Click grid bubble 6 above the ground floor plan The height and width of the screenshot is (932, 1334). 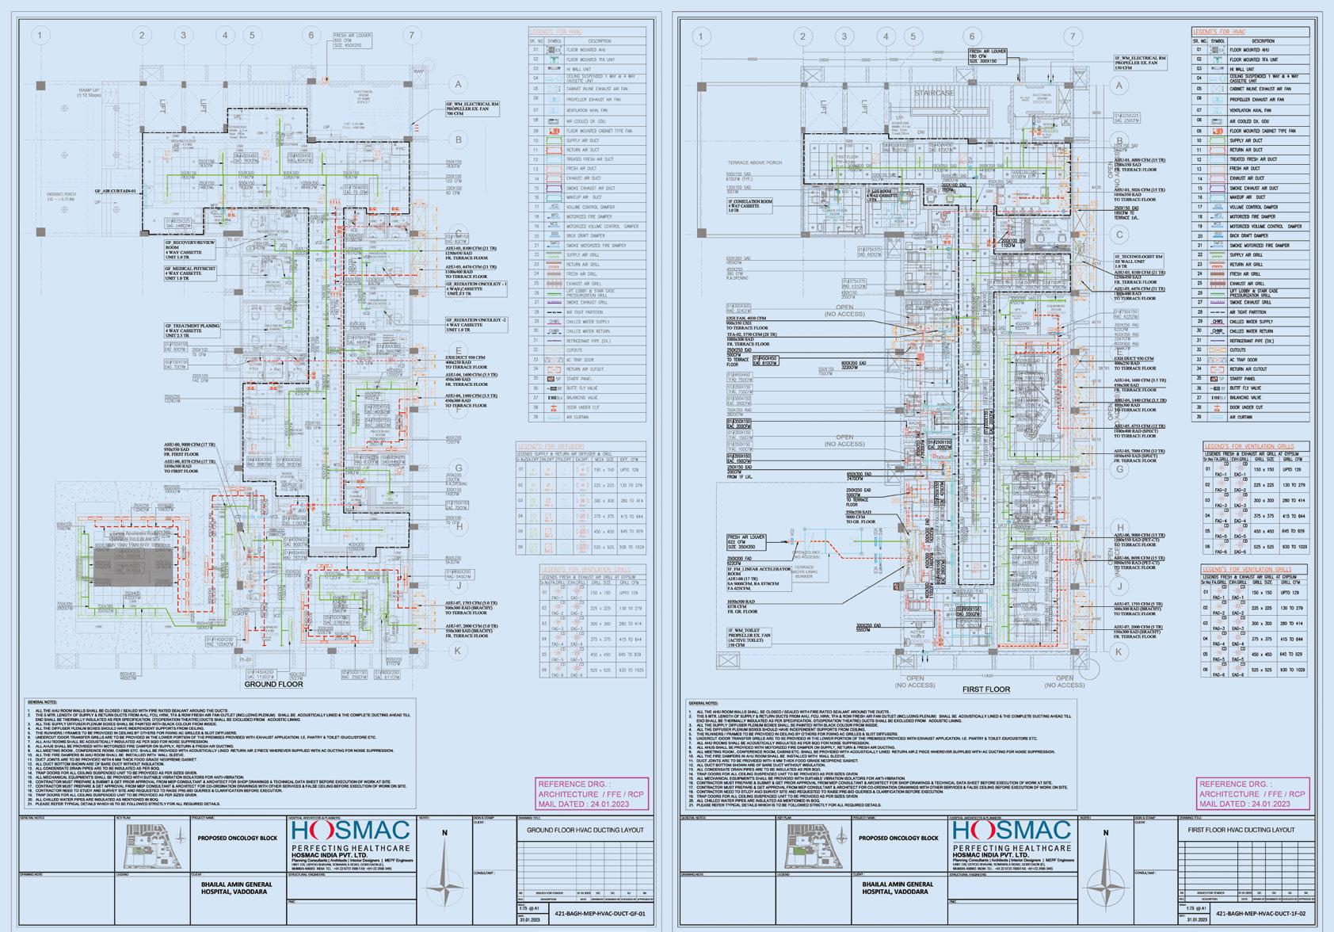[311, 36]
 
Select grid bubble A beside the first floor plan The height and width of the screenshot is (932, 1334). [1119, 86]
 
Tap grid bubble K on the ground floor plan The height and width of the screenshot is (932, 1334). [458, 651]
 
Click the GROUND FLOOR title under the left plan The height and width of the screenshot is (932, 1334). [273, 684]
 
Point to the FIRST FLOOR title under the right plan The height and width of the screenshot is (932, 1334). [986, 689]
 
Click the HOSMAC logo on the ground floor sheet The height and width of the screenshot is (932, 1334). [350, 832]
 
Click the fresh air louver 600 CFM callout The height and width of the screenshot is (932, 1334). [353, 40]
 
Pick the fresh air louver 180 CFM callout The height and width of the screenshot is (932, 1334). [986, 55]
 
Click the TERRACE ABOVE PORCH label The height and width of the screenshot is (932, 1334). [753, 162]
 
